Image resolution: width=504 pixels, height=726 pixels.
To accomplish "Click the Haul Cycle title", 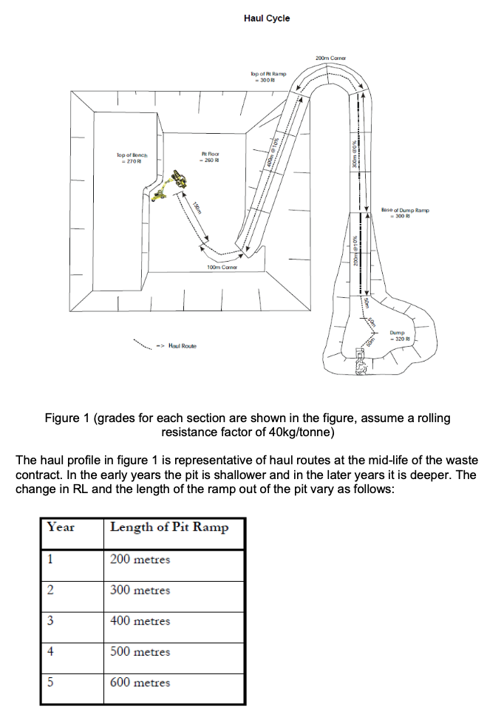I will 266,18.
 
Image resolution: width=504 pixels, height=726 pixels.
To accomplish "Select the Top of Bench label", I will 132,157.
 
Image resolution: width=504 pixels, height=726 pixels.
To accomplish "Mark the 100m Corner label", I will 222,267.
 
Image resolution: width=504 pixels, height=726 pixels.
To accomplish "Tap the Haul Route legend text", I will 182,345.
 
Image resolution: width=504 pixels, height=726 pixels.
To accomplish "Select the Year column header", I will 61,527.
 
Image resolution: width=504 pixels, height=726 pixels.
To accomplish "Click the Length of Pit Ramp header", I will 169,527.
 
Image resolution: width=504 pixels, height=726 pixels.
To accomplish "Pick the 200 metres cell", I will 140,559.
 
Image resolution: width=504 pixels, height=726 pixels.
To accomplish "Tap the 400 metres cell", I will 140,621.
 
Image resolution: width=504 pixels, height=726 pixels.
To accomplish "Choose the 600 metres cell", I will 140,682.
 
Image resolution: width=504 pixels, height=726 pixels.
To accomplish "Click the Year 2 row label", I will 50,590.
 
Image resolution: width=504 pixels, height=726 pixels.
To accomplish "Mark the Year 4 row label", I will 50,651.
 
